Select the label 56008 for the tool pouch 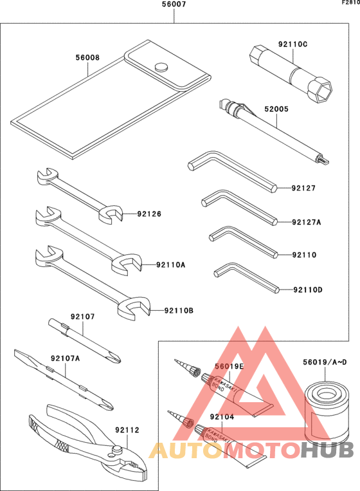(x=87, y=57)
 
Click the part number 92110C (x=292, y=44)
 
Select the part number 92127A (x=306, y=222)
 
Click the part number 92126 (x=149, y=214)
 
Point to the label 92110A (x=170, y=264)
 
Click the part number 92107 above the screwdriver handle (x=83, y=317)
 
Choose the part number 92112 (x=127, y=429)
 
